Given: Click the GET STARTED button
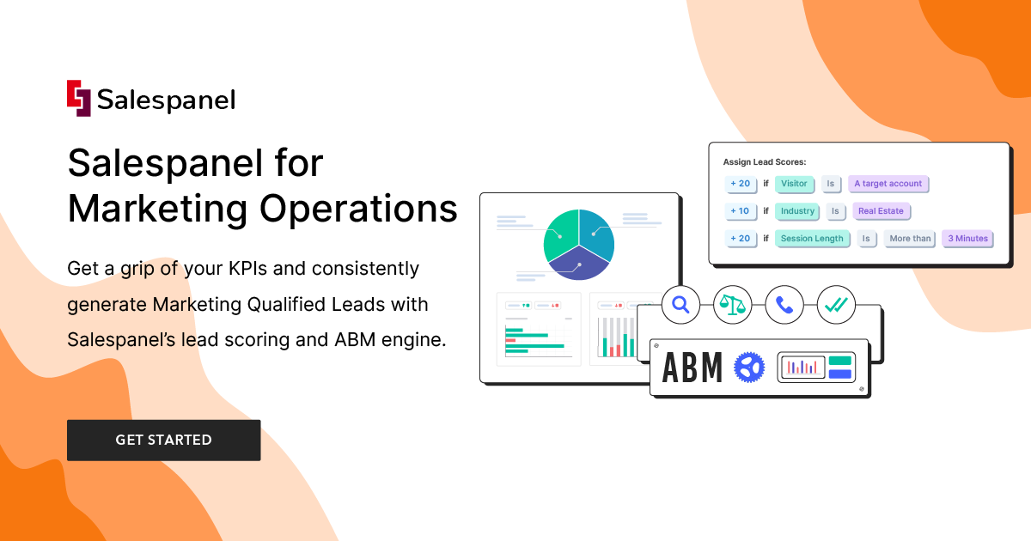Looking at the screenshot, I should coord(163,440).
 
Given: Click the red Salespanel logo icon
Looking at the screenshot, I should coord(79,98).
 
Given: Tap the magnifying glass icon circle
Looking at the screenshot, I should coord(681,304).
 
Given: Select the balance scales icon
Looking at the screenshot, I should coord(733,304).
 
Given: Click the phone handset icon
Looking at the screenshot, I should coord(784,304).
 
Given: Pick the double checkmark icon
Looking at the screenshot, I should coord(836,304).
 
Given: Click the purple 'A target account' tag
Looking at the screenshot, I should coord(888,184).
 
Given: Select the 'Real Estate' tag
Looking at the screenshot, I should coord(881,211).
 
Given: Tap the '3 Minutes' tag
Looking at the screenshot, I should coord(967,239).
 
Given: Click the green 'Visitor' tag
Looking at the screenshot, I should coord(794,184).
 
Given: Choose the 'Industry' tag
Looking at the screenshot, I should coord(797,211).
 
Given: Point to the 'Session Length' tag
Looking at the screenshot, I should coord(812,239).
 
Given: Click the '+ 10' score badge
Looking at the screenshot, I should coord(740,211).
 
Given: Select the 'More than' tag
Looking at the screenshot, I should coord(910,239).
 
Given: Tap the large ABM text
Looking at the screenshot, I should coord(692,368).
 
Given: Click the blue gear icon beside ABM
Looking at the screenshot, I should coord(749,368).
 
